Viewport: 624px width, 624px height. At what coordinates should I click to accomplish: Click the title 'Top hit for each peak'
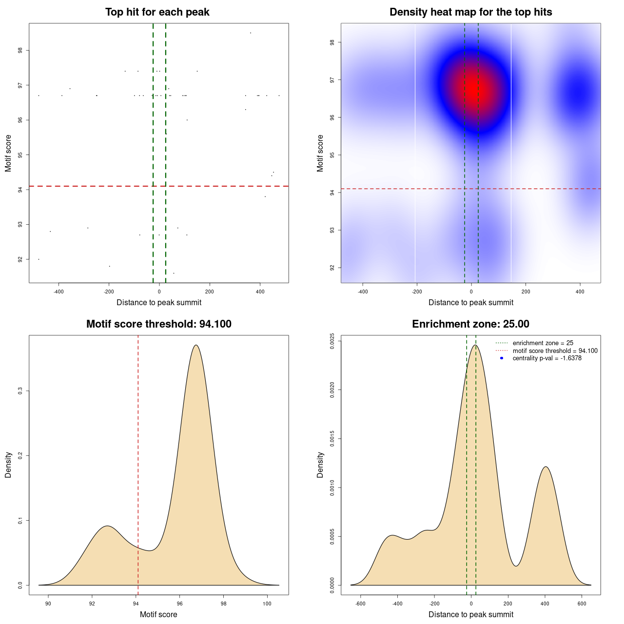[x=157, y=12]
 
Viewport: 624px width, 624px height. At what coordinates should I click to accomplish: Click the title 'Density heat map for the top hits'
[x=470, y=12]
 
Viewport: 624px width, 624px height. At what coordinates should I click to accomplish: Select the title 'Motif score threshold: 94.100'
[x=158, y=324]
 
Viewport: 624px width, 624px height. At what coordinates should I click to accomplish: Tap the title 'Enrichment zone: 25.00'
[x=470, y=324]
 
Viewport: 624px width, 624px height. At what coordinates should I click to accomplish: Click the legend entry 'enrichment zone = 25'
[x=543, y=343]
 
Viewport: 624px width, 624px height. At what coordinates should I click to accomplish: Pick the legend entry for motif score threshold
[x=555, y=351]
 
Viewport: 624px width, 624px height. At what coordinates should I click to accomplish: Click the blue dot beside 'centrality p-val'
[x=502, y=358]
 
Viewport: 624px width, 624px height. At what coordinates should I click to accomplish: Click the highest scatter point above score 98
[x=251, y=33]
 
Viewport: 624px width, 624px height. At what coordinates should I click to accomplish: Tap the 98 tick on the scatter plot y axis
[x=20, y=50]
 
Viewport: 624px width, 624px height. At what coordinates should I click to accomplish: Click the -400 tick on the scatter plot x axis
[x=58, y=292]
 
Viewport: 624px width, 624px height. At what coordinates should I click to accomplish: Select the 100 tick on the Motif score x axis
[x=267, y=604]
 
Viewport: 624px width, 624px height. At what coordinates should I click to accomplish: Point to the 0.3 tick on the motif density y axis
[x=20, y=391]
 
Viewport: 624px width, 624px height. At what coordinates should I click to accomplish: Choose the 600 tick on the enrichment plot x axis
[x=582, y=604]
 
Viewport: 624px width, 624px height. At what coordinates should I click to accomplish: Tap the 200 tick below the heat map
[x=526, y=292]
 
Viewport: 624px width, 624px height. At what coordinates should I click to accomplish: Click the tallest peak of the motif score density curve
[x=196, y=345]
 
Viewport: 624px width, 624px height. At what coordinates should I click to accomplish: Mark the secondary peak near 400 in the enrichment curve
[x=546, y=467]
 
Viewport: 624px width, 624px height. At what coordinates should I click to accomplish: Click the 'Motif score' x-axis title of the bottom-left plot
[x=158, y=615]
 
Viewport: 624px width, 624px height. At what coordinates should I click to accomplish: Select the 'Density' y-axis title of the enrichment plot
[x=320, y=465]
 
